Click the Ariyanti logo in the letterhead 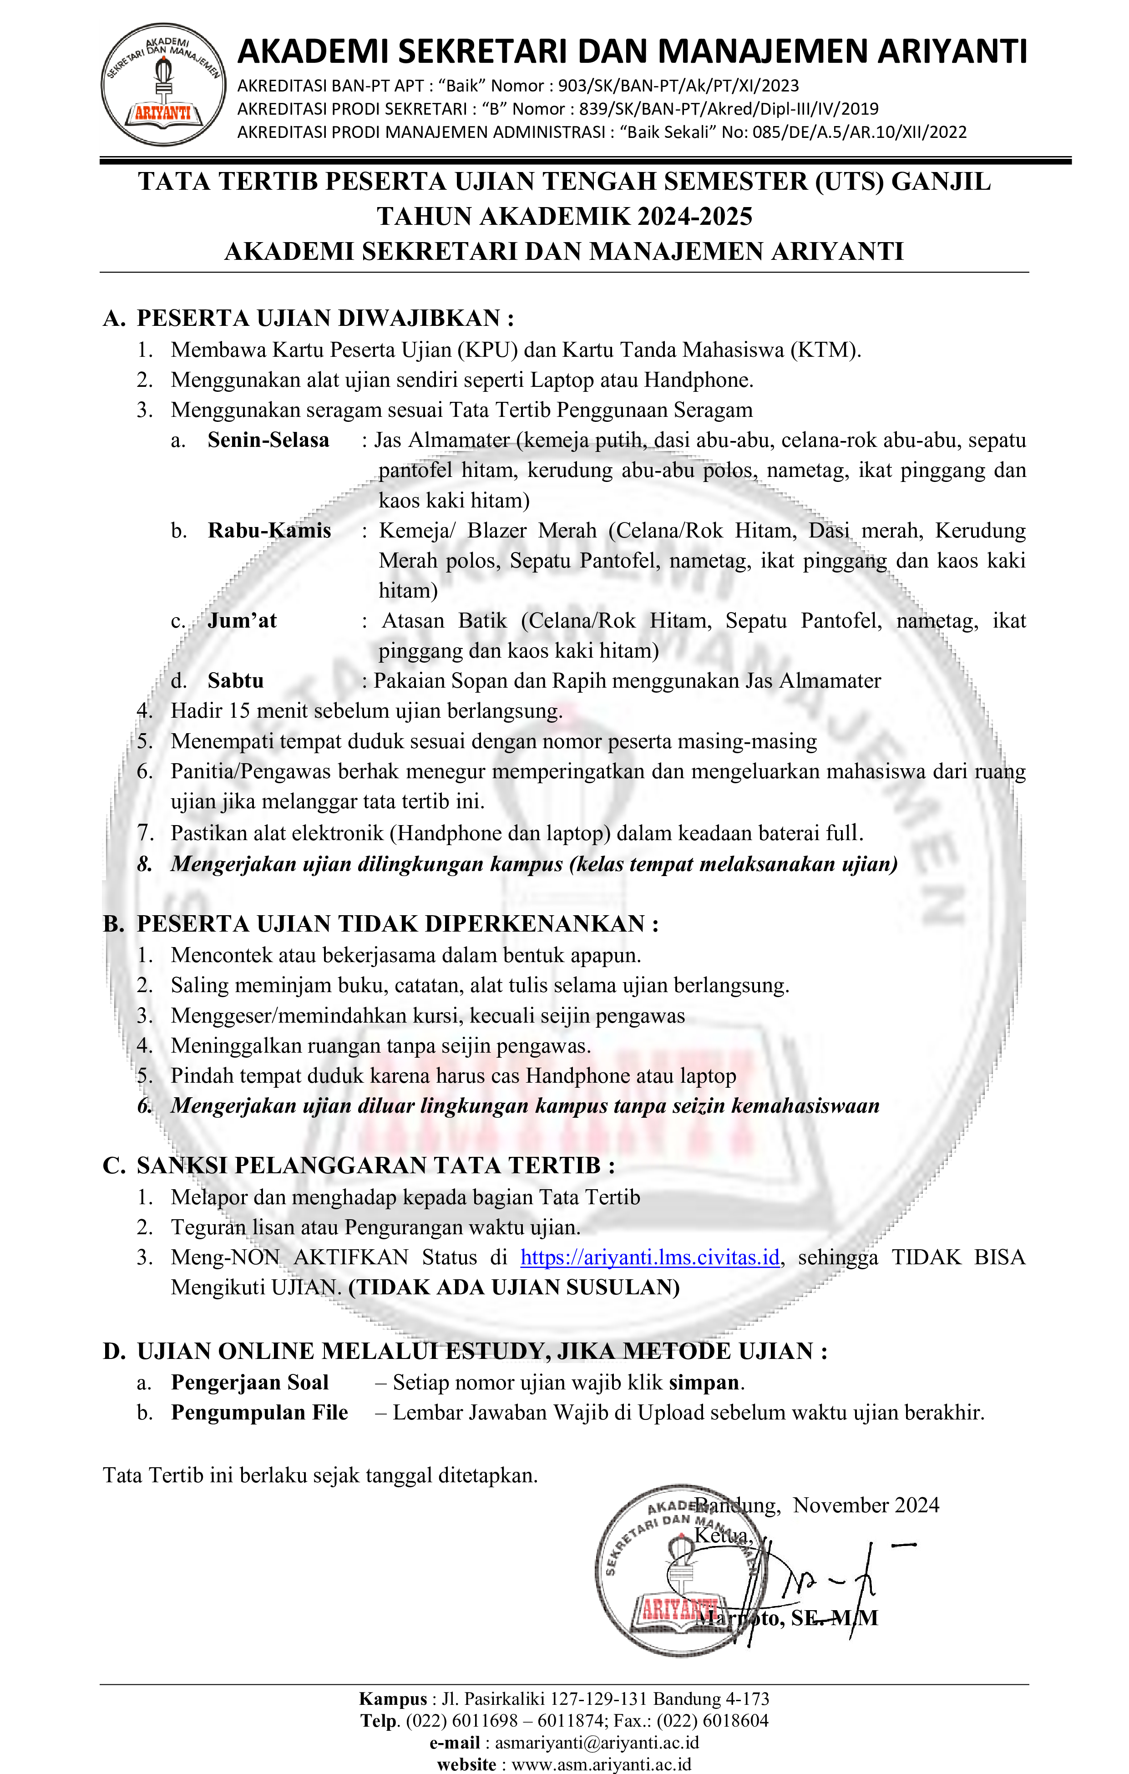click(163, 84)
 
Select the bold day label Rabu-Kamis click(269, 531)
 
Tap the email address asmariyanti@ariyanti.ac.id click(597, 1742)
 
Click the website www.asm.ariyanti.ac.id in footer click(601, 1764)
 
